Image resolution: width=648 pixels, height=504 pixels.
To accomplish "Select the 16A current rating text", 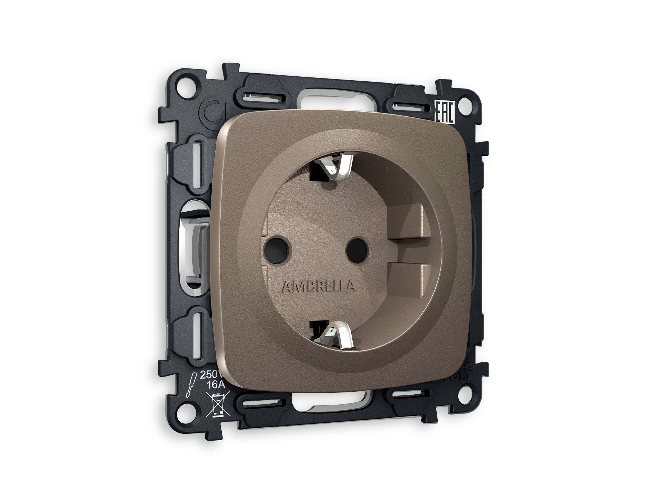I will (216, 384).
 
